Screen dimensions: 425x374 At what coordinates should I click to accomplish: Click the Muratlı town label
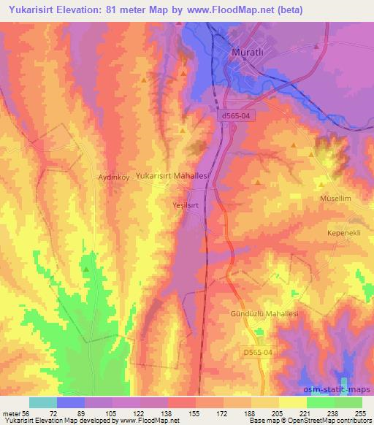coord(248,53)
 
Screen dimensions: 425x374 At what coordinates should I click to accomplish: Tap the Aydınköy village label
coord(113,177)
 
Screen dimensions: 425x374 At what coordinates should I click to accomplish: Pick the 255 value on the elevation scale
coord(359,413)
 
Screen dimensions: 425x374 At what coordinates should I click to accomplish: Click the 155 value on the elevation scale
coord(194,413)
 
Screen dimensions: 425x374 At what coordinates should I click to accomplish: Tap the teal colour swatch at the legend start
coord(43,402)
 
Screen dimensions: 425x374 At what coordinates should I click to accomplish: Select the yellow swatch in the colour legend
coord(292,402)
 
